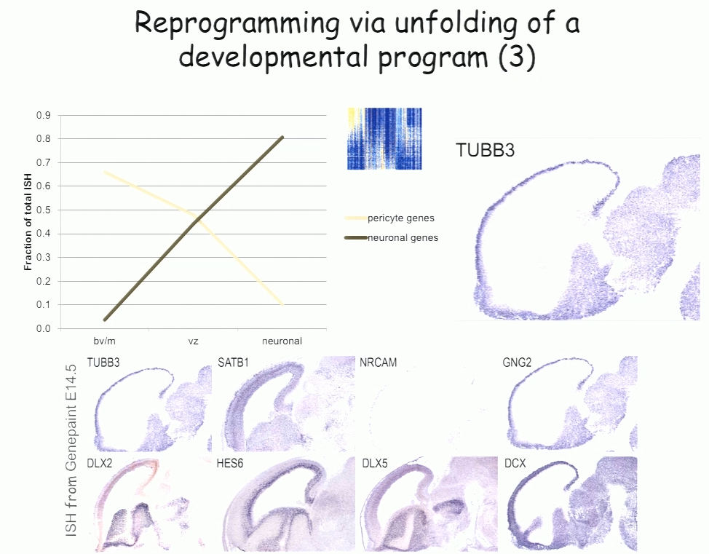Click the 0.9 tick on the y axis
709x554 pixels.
click(x=44, y=115)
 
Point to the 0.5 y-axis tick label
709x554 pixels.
click(x=44, y=210)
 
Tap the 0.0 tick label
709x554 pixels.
click(x=44, y=329)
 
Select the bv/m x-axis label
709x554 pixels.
click(x=104, y=341)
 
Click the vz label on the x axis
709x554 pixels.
click(x=193, y=341)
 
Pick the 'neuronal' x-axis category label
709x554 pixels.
click(x=282, y=341)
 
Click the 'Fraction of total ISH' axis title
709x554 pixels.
click(x=28, y=222)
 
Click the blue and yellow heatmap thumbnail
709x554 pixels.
click(x=384, y=139)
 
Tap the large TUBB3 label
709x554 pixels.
click(x=486, y=150)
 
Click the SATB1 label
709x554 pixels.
click(x=233, y=363)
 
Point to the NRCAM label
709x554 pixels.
click(x=378, y=363)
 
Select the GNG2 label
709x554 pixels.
click(x=517, y=363)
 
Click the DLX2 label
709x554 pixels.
click(x=100, y=464)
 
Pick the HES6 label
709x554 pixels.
click(x=230, y=464)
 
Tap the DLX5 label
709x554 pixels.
click(x=375, y=464)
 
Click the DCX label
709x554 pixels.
click(x=515, y=464)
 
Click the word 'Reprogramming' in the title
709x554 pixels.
click(x=237, y=24)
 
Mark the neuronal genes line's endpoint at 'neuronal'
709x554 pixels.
click(x=282, y=137)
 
